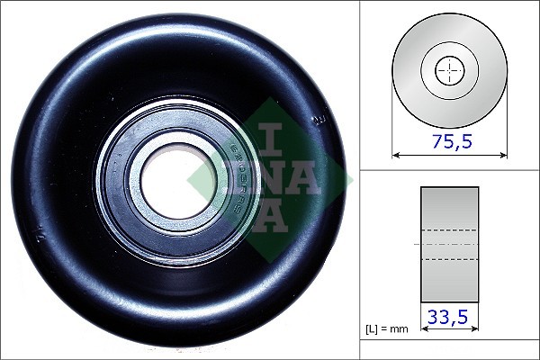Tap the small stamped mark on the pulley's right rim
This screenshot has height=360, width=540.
click(x=317, y=117)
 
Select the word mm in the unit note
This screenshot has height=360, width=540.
click(x=400, y=329)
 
